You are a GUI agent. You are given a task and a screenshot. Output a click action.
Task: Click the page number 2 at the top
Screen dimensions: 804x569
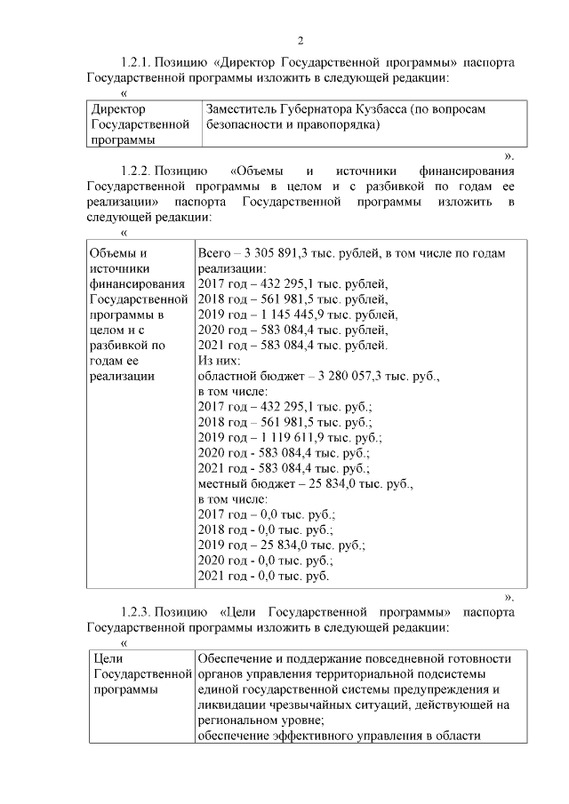tap(301, 40)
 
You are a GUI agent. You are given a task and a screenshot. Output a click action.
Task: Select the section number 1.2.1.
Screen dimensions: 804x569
tap(136, 63)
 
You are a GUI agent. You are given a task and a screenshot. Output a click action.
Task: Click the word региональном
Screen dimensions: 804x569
tap(236, 720)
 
